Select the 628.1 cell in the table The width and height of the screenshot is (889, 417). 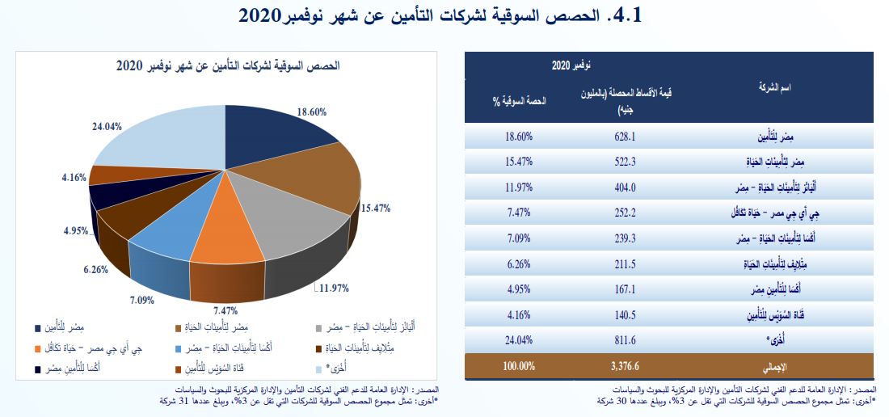[626, 137]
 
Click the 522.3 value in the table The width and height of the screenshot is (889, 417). [626, 162]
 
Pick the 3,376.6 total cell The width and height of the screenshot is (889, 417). [626, 365]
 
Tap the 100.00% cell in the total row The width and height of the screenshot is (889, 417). [516, 365]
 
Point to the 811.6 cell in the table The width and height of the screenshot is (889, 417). [626, 340]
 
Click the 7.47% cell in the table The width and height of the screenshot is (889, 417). [516, 213]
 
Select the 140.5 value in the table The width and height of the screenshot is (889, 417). [626, 314]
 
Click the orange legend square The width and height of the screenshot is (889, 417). [39, 350]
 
